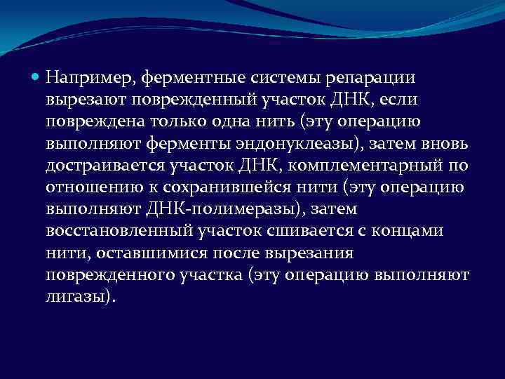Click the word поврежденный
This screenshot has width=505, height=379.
point(176,98)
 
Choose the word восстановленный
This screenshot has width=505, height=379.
point(114,233)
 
